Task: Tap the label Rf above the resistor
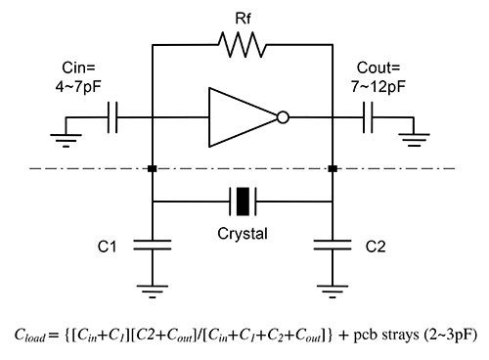(242, 16)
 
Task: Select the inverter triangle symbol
(241, 118)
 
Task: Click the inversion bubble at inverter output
(283, 118)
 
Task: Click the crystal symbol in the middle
(242, 202)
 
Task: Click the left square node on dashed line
(153, 169)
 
